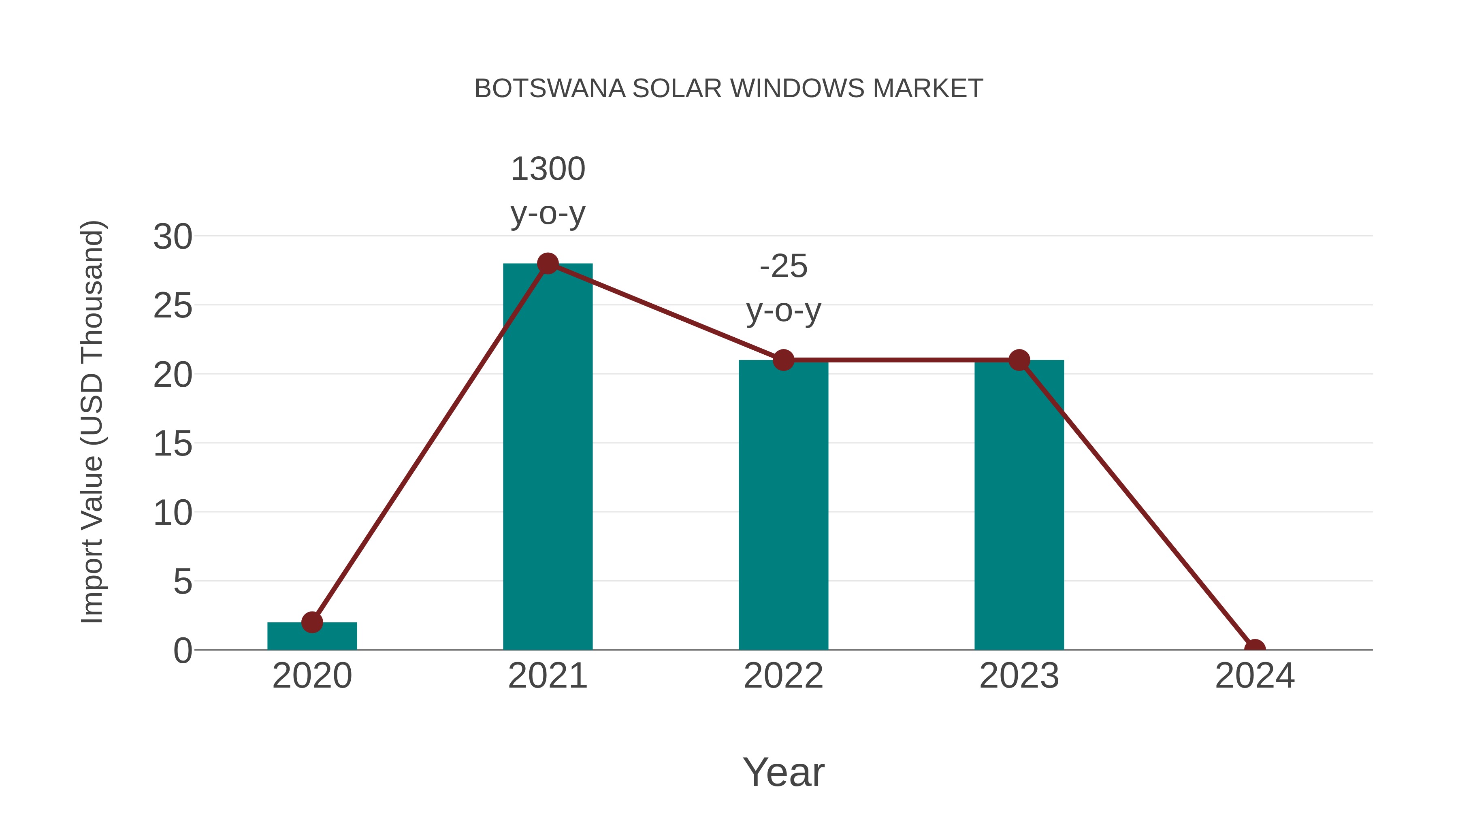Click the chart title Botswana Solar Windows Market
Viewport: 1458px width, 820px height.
729,89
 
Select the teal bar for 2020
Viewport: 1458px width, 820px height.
312,638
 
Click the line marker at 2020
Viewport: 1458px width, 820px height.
312,622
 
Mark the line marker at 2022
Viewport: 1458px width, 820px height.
783,360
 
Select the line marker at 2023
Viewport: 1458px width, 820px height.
1019,360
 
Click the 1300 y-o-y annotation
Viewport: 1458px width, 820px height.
548,191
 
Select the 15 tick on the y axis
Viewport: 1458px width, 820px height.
173,444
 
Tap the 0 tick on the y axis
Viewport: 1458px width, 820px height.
183,651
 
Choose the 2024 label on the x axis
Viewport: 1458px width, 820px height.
1255,676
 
